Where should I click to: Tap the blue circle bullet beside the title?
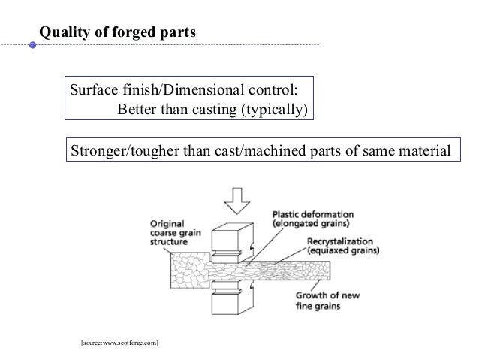click(32, 45)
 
